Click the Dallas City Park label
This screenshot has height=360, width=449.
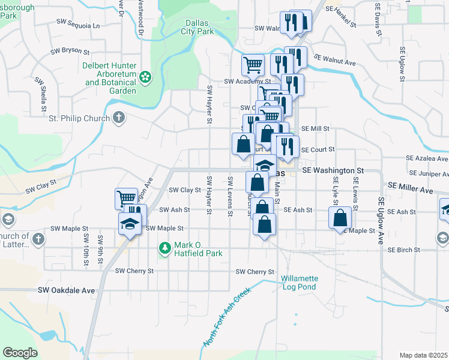[x=197, y=27]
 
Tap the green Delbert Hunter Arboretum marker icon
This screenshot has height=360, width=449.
[x=145, y=77]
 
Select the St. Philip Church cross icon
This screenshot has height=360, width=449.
[x=119, y=118]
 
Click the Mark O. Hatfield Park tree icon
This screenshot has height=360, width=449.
[x=165, y=247]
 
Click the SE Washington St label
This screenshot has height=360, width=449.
[x=333, y=171]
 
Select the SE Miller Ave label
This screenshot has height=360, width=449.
[x=411, y=190]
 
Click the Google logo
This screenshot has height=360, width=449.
[x=20, y=353]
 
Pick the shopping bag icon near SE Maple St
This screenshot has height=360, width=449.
[x=340, y=219]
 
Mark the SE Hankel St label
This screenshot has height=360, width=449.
[x=346, y=9]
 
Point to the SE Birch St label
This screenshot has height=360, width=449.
[x=410, y=250]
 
